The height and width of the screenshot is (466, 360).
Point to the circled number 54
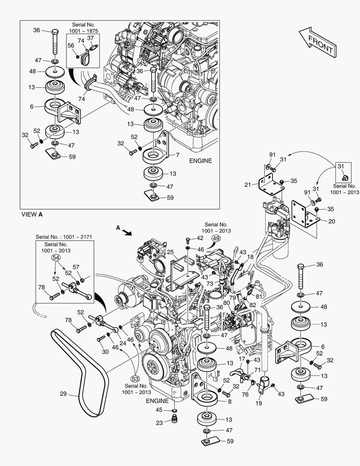(55, 258)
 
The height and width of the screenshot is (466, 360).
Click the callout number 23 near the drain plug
(160, 423)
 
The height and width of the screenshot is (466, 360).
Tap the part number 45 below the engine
(159, 410)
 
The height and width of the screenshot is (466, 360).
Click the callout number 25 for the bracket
(170, 252)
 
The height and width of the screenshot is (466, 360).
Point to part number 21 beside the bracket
(247, 185)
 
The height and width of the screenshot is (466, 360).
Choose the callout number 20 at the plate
(331, 221)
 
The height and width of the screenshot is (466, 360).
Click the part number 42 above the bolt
(200, 238)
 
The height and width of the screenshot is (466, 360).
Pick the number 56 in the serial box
(71, 45)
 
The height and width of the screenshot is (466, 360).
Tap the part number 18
(250, 257)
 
